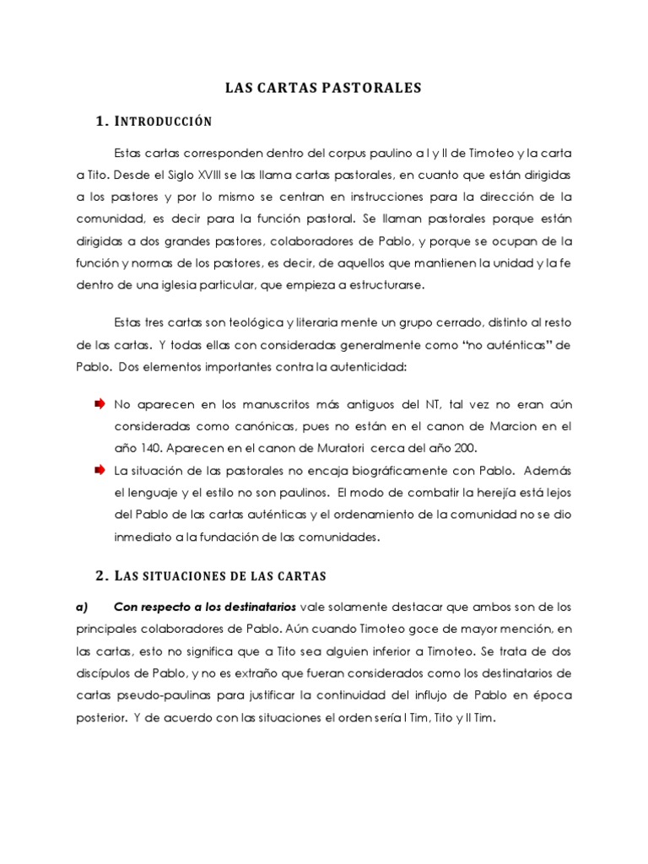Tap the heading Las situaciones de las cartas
click(212, 575)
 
